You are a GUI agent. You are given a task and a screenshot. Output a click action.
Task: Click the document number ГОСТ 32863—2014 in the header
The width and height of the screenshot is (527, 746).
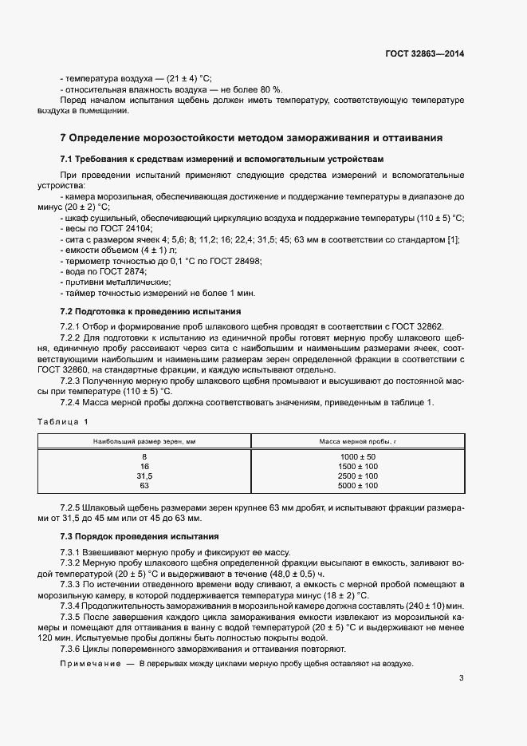(425, 54)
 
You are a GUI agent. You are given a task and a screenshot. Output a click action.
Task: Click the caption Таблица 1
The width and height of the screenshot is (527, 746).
(62, 420)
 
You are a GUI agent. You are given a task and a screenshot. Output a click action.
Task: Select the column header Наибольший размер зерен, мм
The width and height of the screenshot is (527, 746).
(144, 440)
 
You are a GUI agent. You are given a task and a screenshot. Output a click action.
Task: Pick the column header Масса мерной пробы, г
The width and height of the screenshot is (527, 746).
(357, 440)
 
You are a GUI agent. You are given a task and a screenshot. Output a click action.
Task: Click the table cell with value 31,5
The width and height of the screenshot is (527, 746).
(144, 476)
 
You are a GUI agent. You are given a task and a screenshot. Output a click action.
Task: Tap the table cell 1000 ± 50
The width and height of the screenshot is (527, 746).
(357, 456)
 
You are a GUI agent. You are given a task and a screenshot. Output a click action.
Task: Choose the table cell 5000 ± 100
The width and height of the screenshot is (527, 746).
(357, 485)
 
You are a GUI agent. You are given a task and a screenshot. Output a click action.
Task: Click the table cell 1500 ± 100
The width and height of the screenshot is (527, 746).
(357, 466)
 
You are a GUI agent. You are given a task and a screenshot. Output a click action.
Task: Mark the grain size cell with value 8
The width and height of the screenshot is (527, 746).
(144, 456)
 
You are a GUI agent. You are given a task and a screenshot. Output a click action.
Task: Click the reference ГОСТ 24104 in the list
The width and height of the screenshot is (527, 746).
(119, 228)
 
